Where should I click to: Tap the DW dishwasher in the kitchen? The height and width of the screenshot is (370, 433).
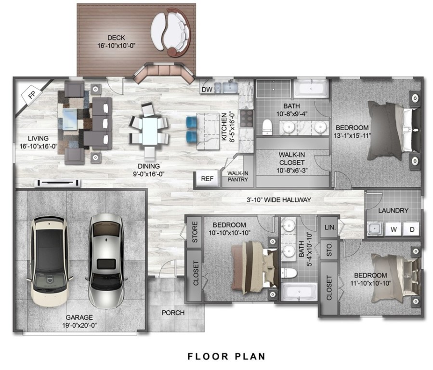pos(207,89)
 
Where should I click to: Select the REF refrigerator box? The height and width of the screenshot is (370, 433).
pos(207,179)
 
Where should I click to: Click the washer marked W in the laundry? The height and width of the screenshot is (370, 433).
pos(394,229)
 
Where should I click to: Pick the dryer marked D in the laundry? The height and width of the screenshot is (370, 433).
pos(412,229)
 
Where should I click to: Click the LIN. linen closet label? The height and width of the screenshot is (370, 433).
pos(330,227)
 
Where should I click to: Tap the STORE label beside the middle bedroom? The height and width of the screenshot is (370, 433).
pos(195,232)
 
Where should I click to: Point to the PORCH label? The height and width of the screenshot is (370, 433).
pos(173,313)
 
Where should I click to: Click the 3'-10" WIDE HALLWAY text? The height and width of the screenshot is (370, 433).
pos(278,199)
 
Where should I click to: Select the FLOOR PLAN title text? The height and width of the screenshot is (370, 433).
pos(226,357)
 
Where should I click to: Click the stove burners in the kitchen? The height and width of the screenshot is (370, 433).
pos(246,117)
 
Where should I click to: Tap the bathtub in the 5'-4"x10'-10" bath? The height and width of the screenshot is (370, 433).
pos(299,292)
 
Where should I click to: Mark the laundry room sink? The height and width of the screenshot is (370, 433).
pos(375,229)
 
